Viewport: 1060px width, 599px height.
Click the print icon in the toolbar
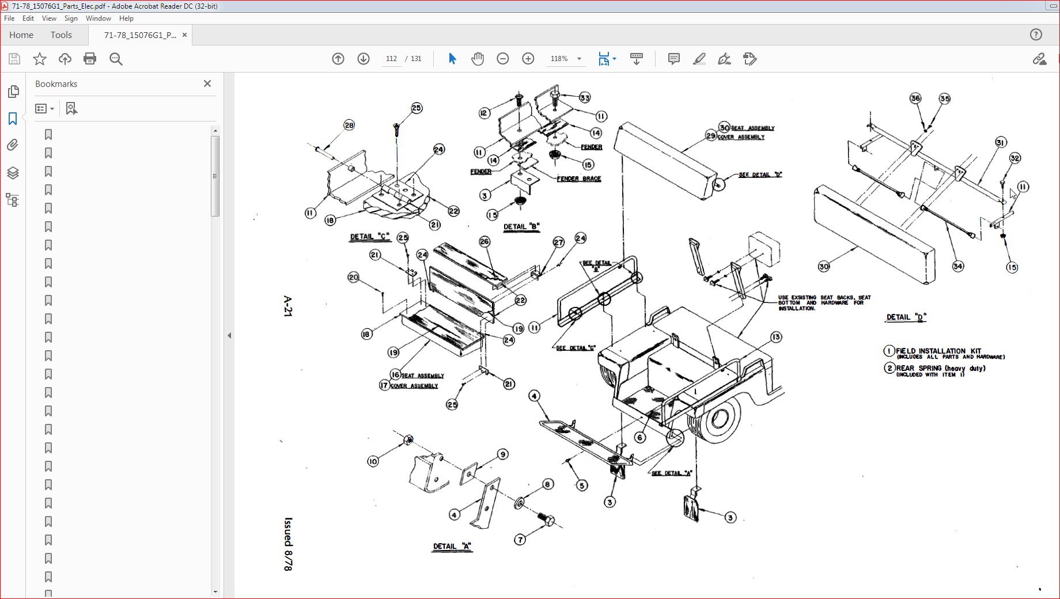[90, 59]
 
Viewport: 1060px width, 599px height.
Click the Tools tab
[61, 35]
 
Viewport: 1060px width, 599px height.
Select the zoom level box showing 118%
[559, 59]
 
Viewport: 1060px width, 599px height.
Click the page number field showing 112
[391, 59]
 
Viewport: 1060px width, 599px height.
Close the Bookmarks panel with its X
[207, 84]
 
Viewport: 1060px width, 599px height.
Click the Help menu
[126, 18]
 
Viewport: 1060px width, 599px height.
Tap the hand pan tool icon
[477, 59]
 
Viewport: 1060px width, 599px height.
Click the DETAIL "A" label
[452, 547]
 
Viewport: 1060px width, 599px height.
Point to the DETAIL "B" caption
[521, 227]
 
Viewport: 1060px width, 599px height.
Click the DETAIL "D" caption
[906, 317]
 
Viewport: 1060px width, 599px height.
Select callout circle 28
[349, 125]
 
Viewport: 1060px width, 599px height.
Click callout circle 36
[915, 98]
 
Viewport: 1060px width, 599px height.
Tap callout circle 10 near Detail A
[373, 461]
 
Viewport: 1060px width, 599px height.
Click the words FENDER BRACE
[579, 179]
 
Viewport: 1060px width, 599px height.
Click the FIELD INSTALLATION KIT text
[938, 351]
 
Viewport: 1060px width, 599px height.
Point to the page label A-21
[288, 306]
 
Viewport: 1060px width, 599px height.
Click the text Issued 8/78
[288, 544]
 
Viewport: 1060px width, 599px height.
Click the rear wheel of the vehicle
[716, 419]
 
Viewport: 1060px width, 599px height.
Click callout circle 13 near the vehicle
[776, 337]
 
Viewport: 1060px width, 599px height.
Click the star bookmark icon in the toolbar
[40, 59]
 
